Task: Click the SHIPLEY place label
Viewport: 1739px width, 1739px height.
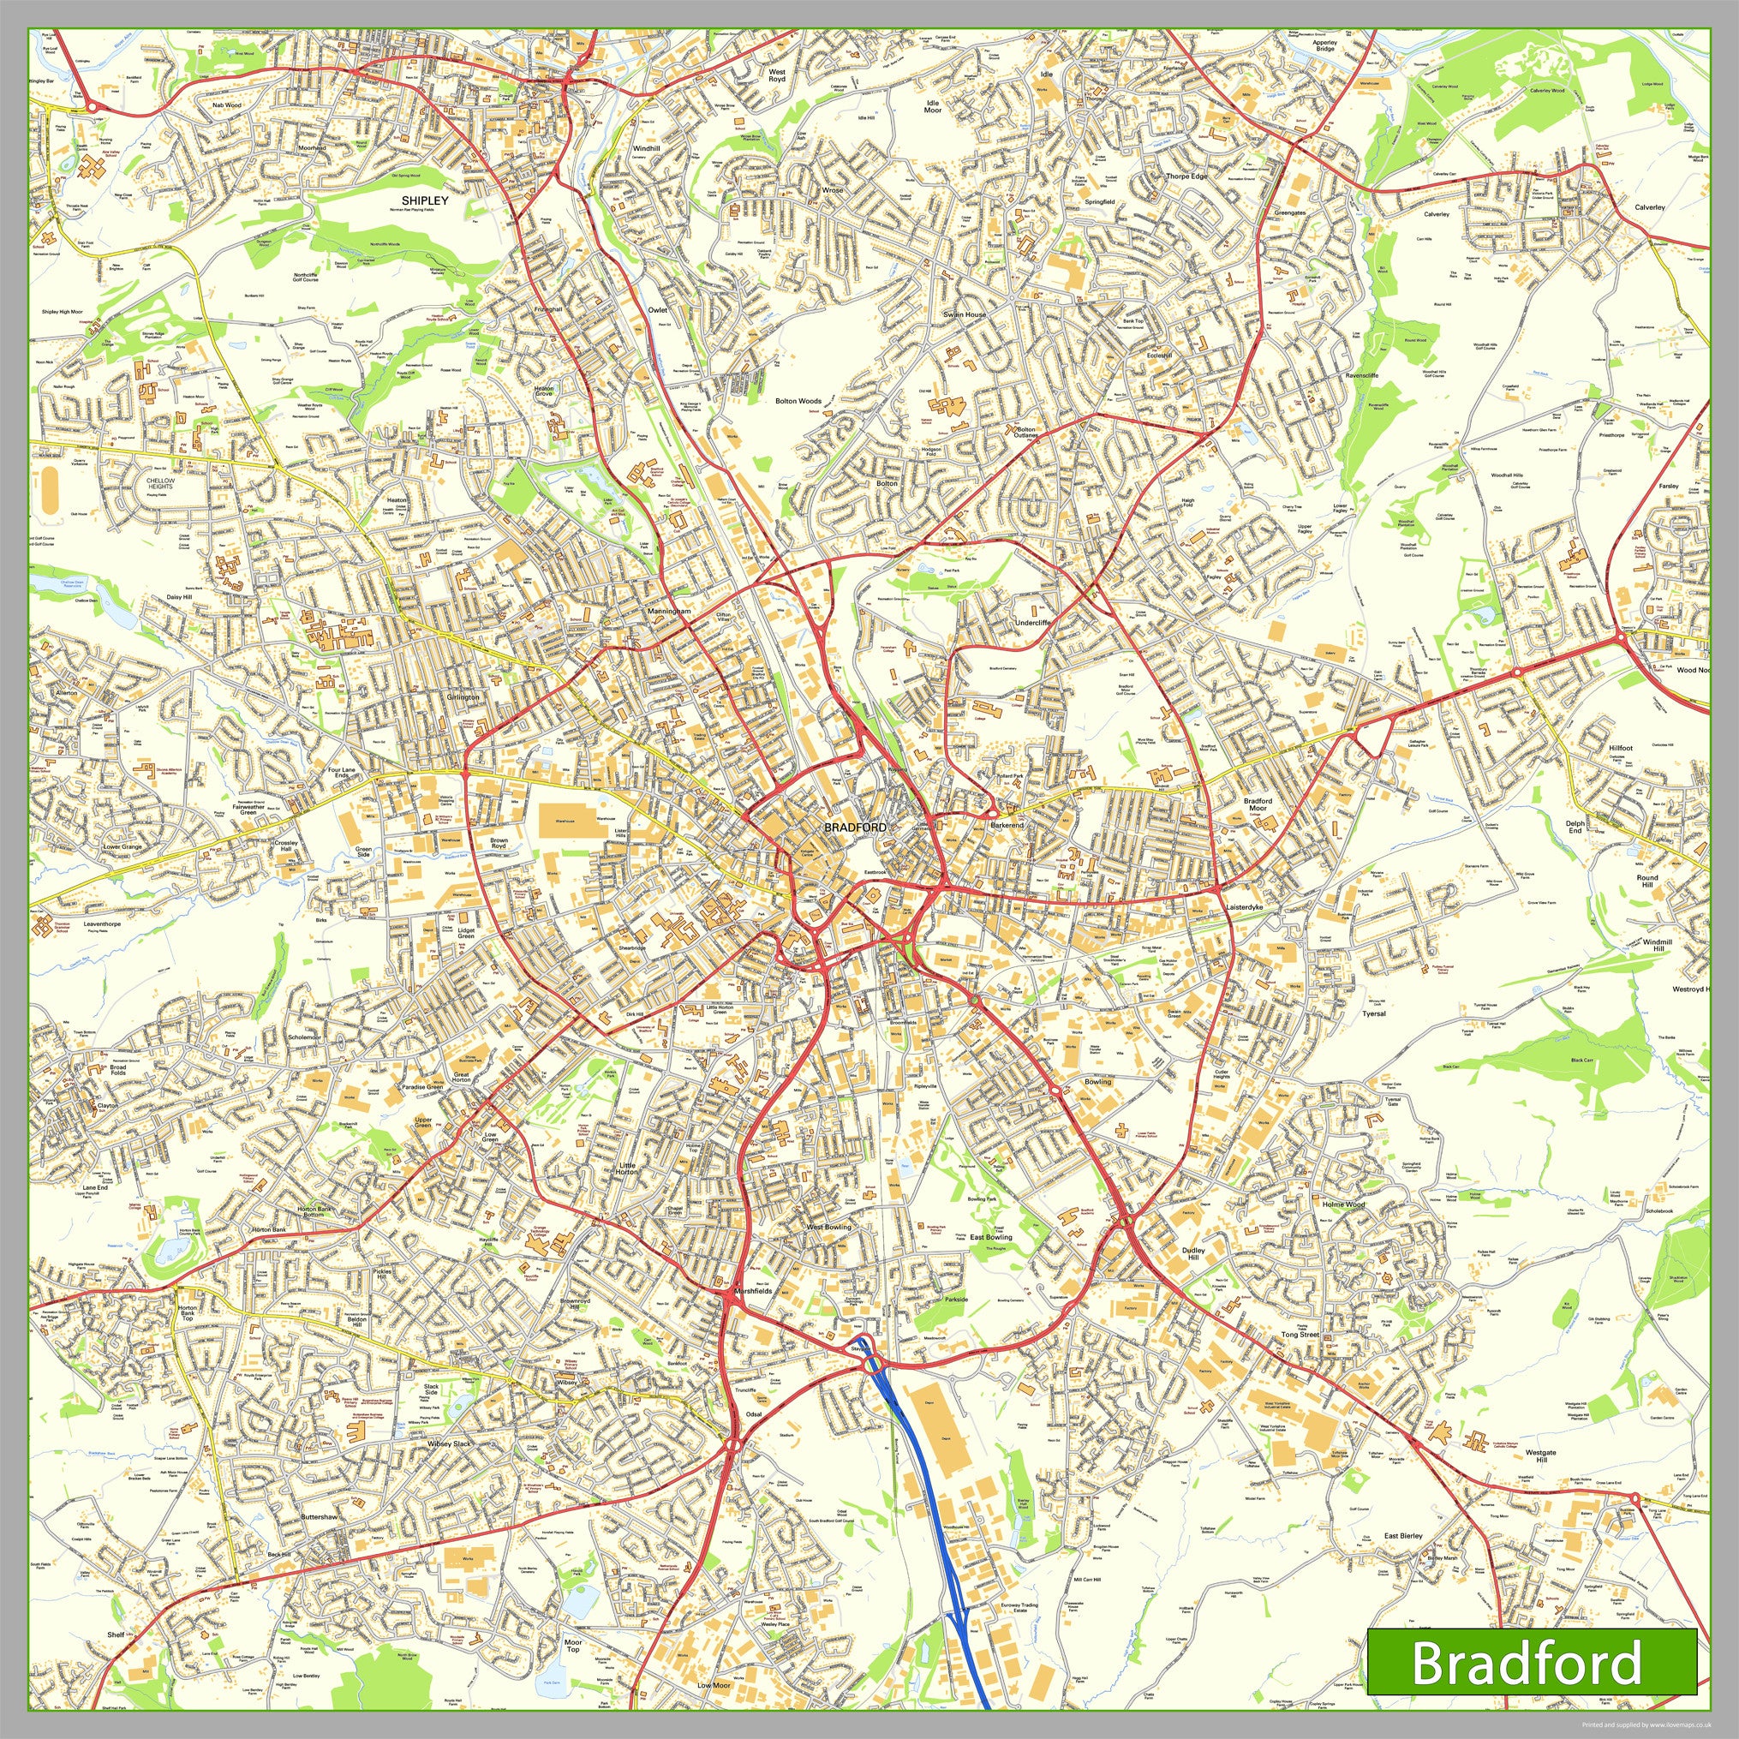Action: tap(425, 200)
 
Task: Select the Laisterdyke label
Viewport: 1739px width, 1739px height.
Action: tap(1245, 908)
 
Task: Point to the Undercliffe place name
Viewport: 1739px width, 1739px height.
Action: tap(1032, 623)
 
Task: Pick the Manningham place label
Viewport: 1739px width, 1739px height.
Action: tap(669, 611)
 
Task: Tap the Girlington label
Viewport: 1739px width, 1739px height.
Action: tap(463, 696)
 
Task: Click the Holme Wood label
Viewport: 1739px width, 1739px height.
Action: tap(1344, 1204)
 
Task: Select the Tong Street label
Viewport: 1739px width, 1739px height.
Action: tap(1300, 1334)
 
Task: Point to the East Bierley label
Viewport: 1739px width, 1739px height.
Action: tap(1403, 1536)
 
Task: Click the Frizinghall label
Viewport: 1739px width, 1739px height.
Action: tap(547, 308)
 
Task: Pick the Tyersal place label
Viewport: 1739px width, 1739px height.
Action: tap(1373, 1013)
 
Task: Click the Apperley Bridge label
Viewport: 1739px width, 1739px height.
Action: tap(1325, 45)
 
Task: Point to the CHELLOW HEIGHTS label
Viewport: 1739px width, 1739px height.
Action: tap(160, 483)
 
